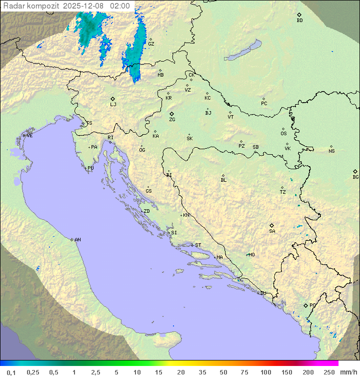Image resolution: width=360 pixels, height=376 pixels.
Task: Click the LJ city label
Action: (x=113, y=105)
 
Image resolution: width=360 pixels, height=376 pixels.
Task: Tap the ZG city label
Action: (x=172, y=120)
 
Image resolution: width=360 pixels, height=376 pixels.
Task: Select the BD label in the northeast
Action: (x=299, y=21)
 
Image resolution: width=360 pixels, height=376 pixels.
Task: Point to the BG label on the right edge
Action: (x=355, y=177)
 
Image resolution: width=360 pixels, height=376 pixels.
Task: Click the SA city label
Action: (x=272, y=231)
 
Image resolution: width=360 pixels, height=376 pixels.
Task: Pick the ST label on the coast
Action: (x=198, y=245)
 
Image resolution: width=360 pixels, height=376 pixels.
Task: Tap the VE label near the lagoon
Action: (x=29, y=136)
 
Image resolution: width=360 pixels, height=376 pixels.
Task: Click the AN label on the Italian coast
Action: (x=77, y=240)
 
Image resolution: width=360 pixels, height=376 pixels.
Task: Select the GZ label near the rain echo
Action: (x=151, y=44)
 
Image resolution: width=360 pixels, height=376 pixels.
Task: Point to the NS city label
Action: (x=331, y=151)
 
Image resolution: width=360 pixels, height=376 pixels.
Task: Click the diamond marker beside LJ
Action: (x=113, y=99)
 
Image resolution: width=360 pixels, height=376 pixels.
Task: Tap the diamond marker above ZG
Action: (x=171, y=114)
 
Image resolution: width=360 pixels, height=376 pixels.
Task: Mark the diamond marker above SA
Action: (x=271, y=225)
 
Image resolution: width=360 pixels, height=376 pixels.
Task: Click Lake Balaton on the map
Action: (x=243, y=51)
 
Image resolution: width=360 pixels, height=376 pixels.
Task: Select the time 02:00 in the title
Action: (x=120, y=6)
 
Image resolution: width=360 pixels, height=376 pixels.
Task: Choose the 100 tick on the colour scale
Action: (x=265, y=372)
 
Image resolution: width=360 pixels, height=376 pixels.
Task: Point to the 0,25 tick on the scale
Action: (x=33, y=372)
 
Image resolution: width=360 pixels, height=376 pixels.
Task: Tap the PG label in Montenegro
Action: (x=312, y=305)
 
